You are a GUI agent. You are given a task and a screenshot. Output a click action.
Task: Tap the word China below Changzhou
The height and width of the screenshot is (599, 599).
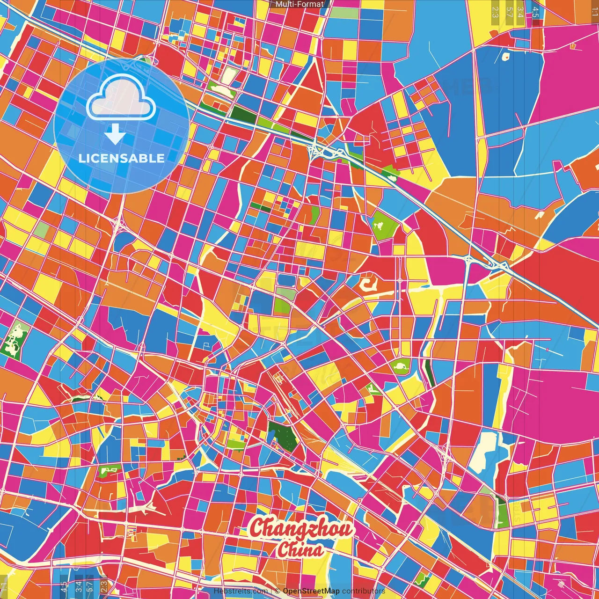click(300, 550)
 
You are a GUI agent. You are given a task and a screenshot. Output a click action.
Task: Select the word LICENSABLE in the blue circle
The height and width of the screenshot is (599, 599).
click(122, 158)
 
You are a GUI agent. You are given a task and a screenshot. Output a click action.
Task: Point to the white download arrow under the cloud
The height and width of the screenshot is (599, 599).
click(115, 134)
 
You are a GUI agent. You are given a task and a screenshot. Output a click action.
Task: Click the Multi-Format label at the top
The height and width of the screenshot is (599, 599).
click(299, 4)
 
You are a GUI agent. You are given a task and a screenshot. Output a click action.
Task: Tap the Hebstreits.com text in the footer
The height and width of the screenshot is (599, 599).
click(241, 591)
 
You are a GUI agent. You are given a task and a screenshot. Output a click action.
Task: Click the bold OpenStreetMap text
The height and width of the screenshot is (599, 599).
click(311, 591)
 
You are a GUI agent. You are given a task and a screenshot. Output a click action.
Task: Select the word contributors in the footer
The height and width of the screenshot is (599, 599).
click(364, 591)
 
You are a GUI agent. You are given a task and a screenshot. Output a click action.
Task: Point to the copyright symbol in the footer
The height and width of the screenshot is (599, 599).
click(277, 591)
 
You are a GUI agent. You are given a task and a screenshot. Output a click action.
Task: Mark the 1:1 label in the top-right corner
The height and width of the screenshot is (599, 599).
click(594, 9)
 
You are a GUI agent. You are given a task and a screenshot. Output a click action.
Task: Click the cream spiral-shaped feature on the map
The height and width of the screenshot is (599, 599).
click(368, 285)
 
